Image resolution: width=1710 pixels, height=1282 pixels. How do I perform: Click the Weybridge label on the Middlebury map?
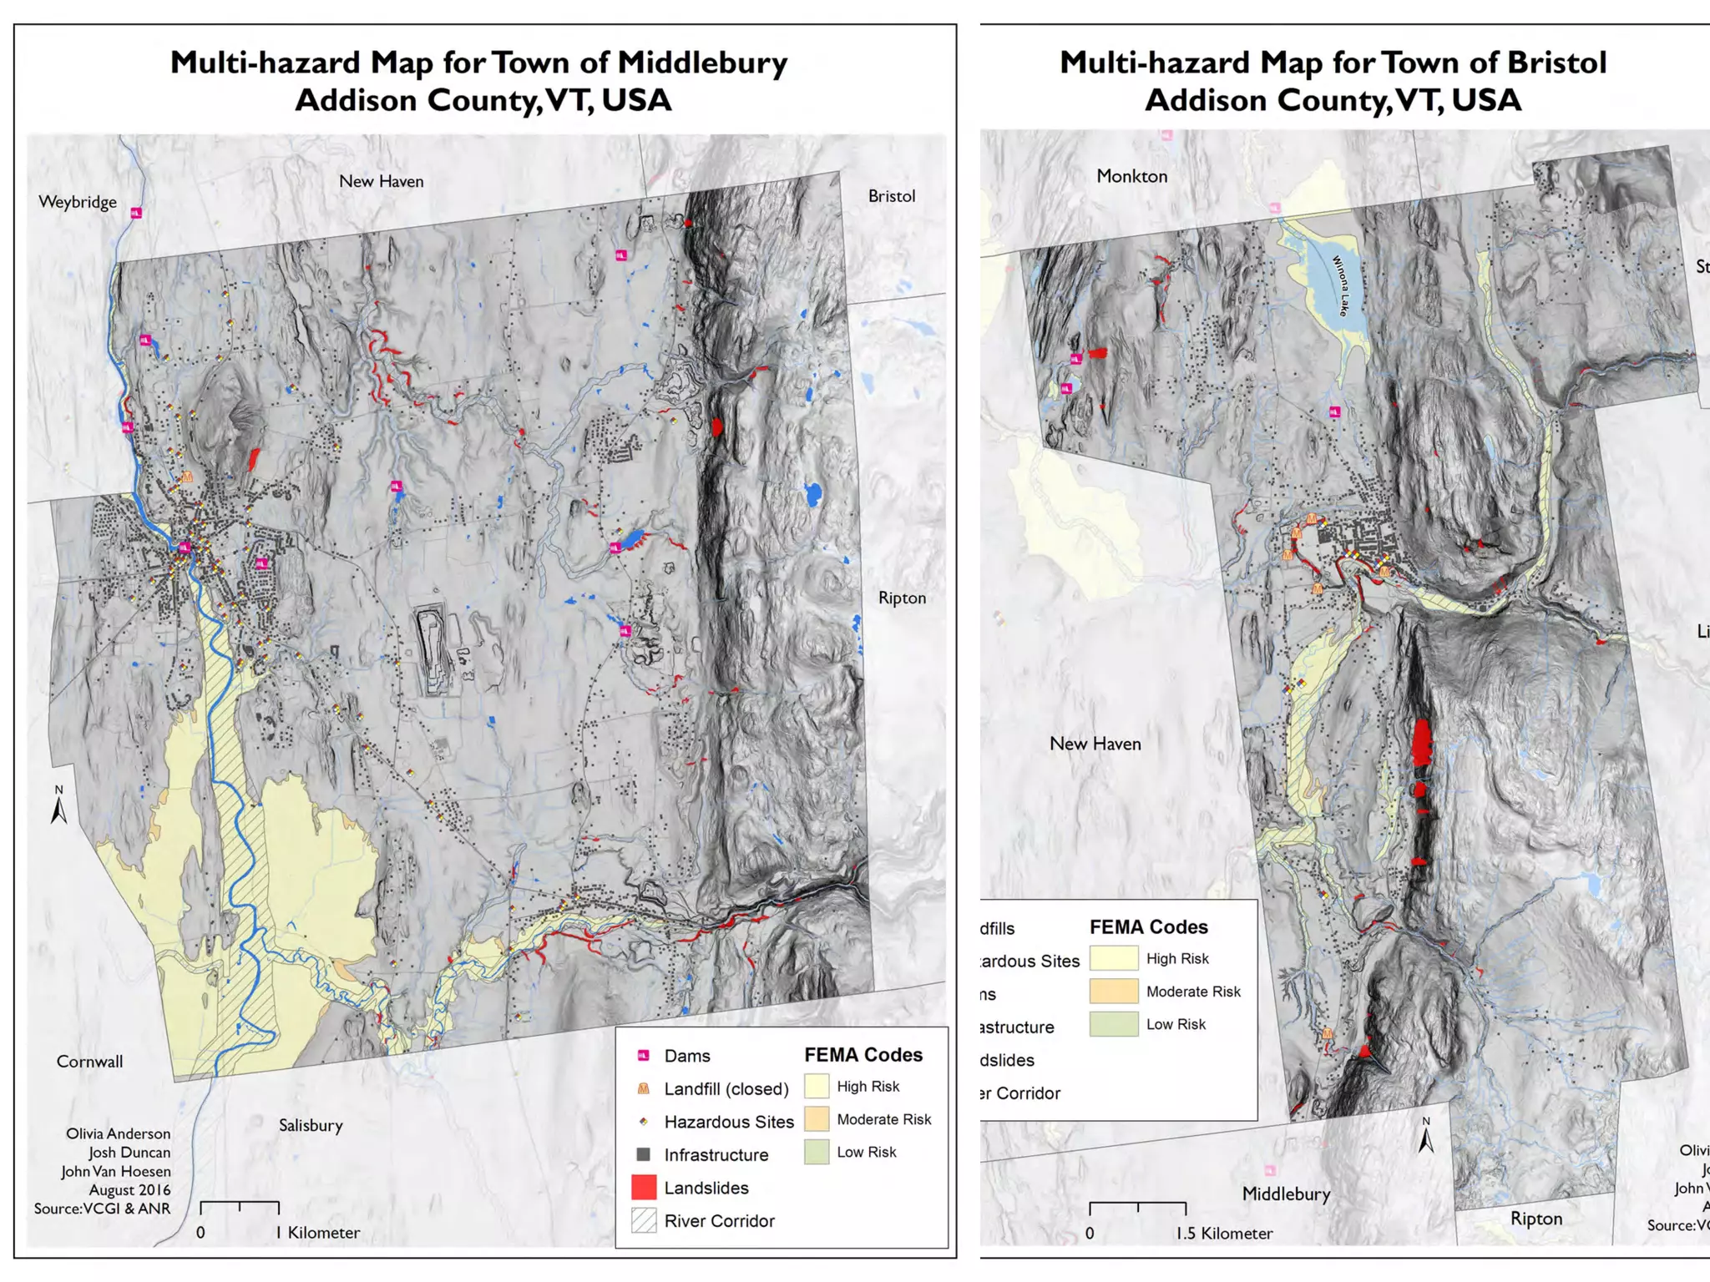tap(78, 202)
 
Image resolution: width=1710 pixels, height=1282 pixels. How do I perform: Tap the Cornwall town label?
tap(89, 1062)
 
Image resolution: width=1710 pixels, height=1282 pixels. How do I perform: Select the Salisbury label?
tap(311, 1125)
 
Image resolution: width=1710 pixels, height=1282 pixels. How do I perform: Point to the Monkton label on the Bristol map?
tap(1131, 176)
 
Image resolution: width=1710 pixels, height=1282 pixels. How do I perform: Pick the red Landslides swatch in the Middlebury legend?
tap(644, 1187)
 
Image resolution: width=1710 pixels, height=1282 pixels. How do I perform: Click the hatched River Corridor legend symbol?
tap(644, 1220)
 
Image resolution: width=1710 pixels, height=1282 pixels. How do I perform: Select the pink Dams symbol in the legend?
tap(644, 1056)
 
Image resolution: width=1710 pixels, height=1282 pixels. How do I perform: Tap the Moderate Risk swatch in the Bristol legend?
tap(1113, 991)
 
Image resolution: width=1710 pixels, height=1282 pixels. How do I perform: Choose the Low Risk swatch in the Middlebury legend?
tap(817, 1152)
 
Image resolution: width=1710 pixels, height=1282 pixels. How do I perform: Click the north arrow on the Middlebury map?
tap(58, 806)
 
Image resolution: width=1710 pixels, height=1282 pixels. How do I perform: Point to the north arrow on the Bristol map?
tap(1426, 1137)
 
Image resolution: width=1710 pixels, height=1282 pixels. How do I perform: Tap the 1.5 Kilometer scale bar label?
tap(1224, 1234)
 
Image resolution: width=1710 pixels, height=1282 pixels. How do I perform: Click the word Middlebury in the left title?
tap(702, 63)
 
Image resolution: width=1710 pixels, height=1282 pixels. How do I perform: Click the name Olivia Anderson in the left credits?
tap(118, 1133)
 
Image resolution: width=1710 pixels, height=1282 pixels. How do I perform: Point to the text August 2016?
tap(129, 1190)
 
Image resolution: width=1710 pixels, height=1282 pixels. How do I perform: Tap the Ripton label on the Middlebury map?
tap(902, 598)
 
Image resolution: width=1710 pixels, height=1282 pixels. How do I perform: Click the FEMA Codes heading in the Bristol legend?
tap(1148, 927)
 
